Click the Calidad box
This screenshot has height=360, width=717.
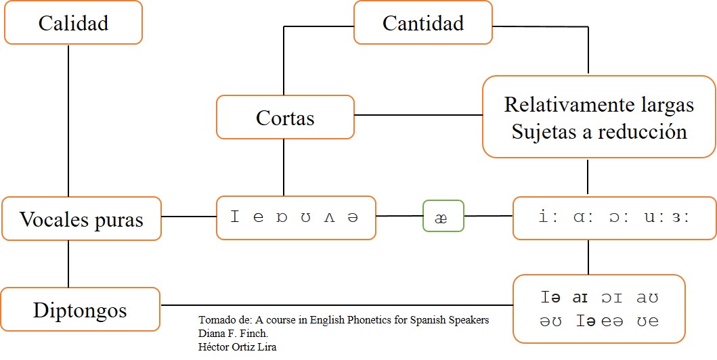click(73, 23)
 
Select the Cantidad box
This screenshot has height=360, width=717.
click(422, 23)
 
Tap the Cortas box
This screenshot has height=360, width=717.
click(285, 118)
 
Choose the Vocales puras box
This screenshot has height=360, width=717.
click(81, 219)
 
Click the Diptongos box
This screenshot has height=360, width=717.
click(80, 310)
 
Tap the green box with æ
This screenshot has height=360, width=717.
click(443, 217)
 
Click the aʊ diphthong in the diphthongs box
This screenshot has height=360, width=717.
click(647, 297)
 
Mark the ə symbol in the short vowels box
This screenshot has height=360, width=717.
click(352, 217)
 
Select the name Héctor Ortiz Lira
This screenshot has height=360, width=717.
click(238, 346)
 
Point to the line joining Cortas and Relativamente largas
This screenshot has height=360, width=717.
click(418, 115)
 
